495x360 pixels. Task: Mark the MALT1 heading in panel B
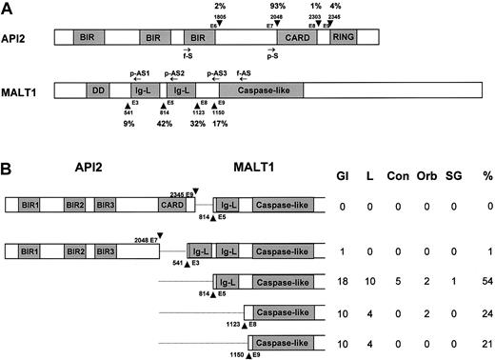point(252,176)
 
